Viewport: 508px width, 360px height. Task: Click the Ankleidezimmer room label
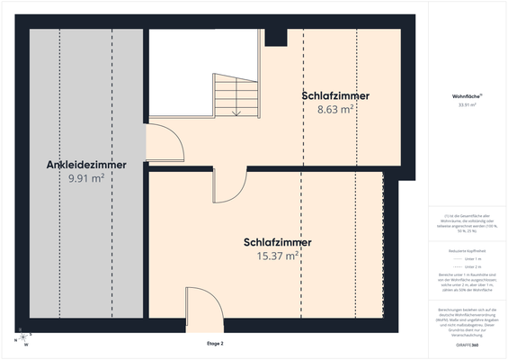(x=86, y=165)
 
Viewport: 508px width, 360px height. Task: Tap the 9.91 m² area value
(x=86, y=178)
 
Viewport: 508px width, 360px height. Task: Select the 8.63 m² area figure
(x=335, y=109)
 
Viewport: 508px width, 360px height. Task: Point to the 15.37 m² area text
(x=277, y=256)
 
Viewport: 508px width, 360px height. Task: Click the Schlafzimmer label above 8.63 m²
(x=335, y=95)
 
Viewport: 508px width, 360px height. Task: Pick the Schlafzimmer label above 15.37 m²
(x=277, y=243)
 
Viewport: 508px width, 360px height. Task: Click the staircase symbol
(x=236, y=94)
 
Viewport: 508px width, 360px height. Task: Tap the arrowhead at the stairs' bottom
(x=236, y=113)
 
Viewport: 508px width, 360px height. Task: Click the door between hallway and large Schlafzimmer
(x=228, y=185)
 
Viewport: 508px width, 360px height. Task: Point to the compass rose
(x=23, y=339)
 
